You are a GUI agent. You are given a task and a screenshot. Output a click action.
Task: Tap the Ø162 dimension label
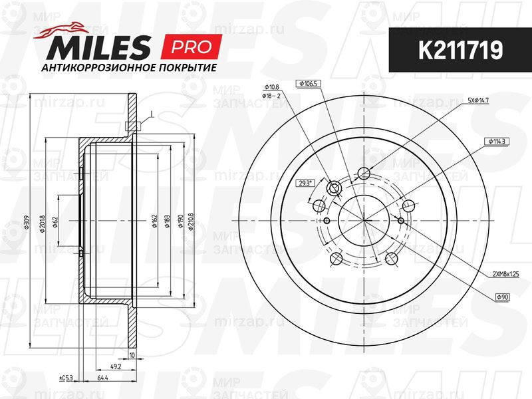pos(154,223)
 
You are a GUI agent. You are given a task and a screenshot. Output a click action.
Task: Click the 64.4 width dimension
pos(102,378)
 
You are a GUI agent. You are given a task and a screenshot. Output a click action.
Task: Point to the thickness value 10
pos(132,355)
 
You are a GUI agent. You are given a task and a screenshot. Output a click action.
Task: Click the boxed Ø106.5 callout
pos(311,83)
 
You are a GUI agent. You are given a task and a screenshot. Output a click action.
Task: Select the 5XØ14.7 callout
pos(478,100)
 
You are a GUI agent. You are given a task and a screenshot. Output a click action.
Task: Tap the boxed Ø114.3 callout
pos(495,142)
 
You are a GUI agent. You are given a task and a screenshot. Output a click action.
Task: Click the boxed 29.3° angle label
pos(305,183)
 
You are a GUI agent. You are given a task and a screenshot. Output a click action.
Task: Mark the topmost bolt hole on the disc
pos(363,174)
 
